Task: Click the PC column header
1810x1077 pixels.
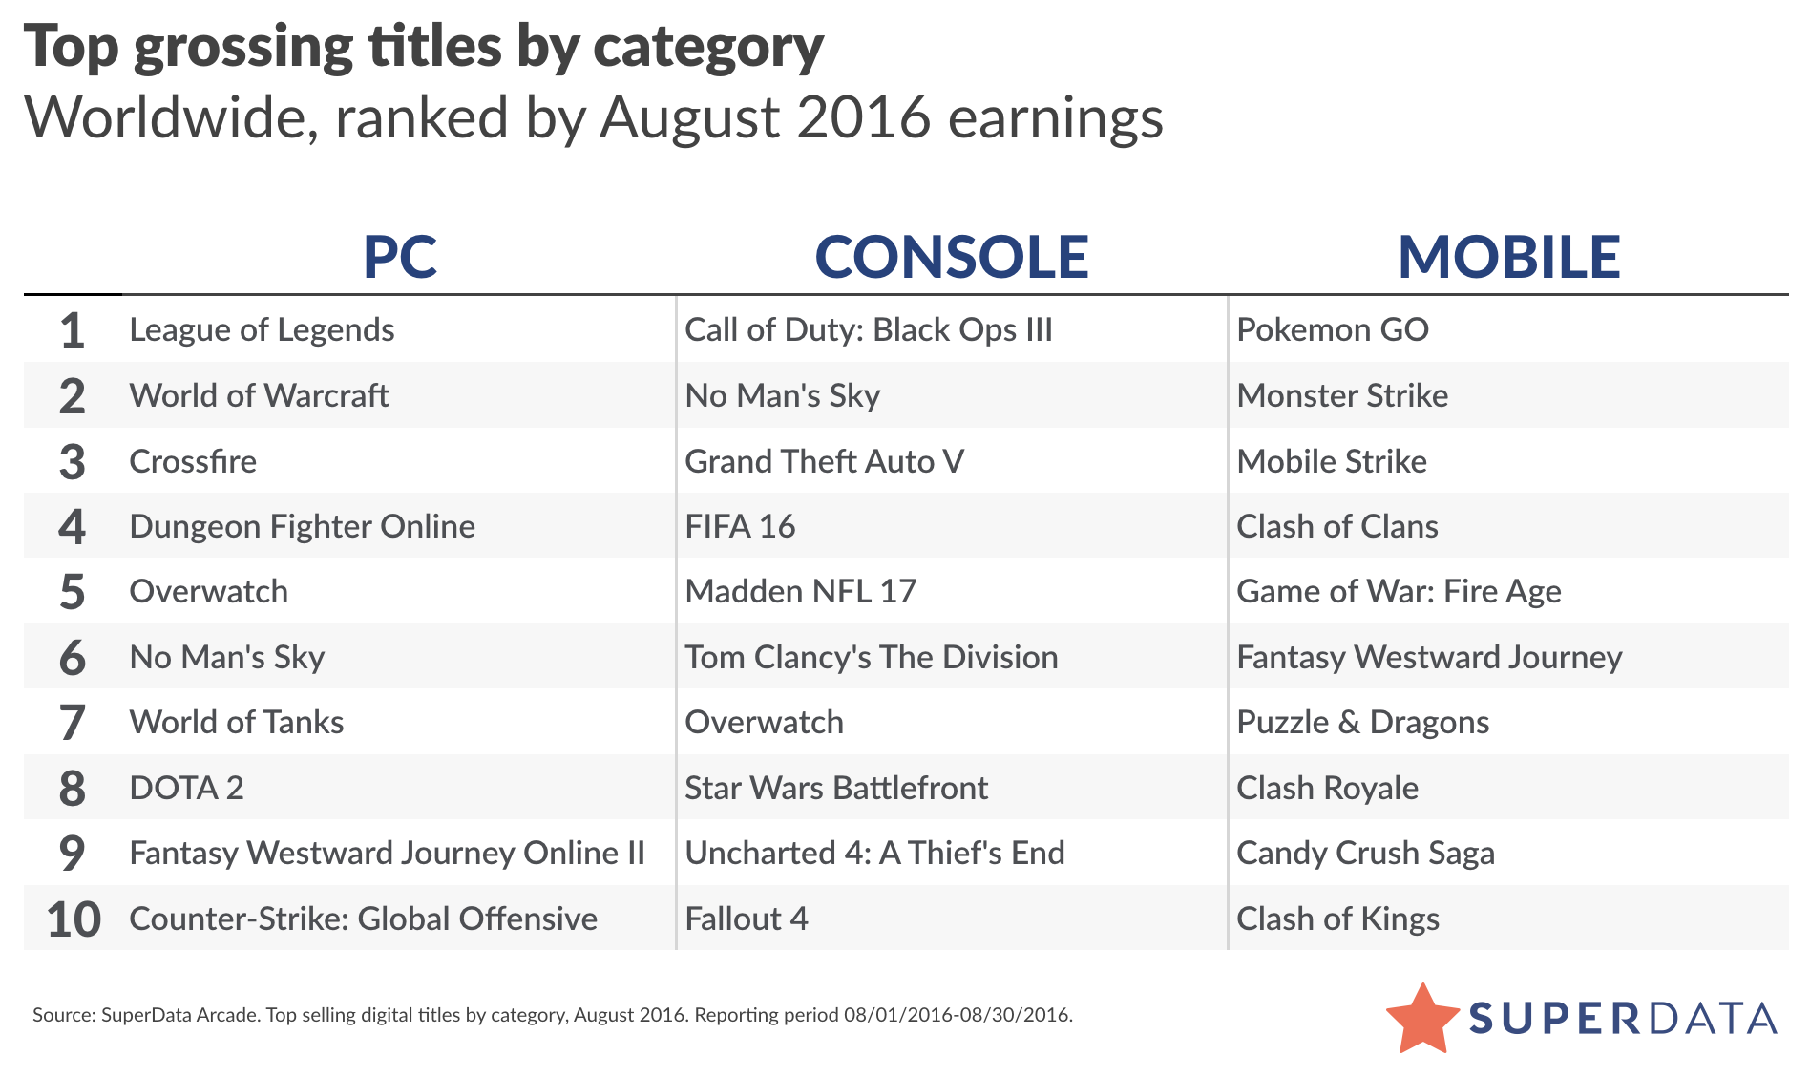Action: (400, 257)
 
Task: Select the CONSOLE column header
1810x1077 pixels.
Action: (951, 257)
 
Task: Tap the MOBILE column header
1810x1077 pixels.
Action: (1508, 257)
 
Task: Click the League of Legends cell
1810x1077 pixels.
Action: (262, 330)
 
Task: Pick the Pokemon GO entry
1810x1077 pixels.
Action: (1332, 330)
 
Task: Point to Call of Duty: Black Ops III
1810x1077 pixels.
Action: (868, 330)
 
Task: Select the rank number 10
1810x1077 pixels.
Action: (74, 919)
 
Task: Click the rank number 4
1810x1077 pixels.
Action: (73, 527)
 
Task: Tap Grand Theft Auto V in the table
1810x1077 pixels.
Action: (824, 462)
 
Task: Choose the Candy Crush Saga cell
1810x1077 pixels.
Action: (1365, 854)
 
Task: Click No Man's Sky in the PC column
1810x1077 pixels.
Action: (227, 658)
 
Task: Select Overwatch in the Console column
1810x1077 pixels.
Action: (764, 723)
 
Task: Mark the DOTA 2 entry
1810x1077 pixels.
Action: (186, 789)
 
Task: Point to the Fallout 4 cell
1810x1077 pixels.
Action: (746, 919)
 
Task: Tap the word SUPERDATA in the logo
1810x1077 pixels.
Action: (1622, 1019)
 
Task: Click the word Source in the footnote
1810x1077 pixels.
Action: (62, 1015)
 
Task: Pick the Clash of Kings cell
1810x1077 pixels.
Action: (1337, 919)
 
